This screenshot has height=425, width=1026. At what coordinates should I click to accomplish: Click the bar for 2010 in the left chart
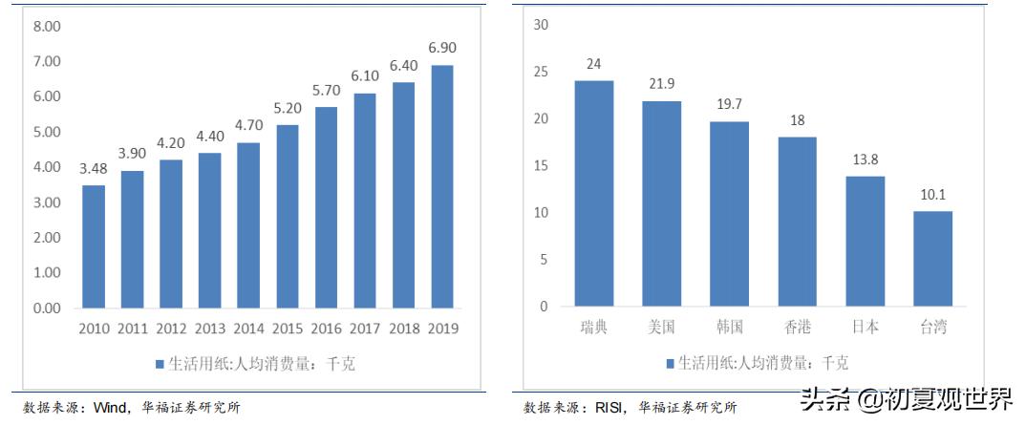click(x=94, y=246)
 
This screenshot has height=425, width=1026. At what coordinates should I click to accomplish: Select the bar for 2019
click(x=442, y=186)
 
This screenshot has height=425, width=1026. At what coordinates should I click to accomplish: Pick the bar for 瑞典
click(x=593, y=193)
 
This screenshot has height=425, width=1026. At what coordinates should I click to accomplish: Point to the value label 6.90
click(x=442, y=48)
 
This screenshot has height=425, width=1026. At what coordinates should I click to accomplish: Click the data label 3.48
click(x=94, y=169)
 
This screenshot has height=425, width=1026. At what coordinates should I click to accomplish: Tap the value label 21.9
click(x=661, y=85)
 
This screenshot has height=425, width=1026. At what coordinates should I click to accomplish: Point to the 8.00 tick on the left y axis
click(x=47, y=27)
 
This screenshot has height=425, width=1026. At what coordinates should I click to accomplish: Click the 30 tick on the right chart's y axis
click(x=541, y=25)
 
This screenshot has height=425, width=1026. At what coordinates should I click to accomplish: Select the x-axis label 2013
click(x=210, y=329)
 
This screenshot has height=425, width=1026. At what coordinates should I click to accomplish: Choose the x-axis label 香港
click(x=797, y=328)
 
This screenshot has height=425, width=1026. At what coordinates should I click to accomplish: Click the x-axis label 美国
click(x=661, y=328)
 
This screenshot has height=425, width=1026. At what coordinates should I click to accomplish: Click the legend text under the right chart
click(x=763, y=363)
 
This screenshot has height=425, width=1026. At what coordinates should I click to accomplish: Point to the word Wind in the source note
click(x=113, y=408)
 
